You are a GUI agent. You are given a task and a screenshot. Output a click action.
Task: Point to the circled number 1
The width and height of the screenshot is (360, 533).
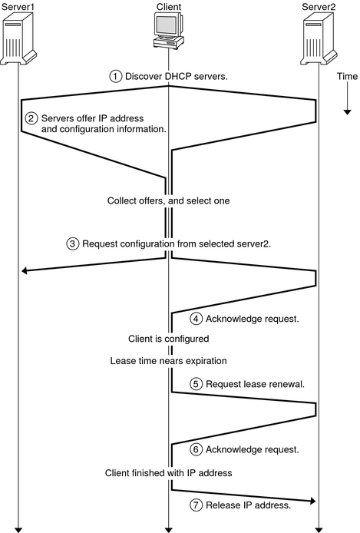pos(116,76)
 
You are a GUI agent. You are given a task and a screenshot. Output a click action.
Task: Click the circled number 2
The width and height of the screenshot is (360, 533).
pos(31,119)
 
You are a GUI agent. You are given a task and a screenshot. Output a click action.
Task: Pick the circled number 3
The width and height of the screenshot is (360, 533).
pos(73,244)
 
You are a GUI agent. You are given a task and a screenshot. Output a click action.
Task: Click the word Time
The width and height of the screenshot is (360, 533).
pos(346,77)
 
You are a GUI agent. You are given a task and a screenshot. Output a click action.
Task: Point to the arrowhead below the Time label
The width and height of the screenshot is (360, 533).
pos(346,111)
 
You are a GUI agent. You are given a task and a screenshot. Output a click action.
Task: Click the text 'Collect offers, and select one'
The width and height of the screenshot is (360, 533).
pos(168,200)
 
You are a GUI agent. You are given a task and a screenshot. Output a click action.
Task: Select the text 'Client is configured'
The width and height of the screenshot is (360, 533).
pos(168,338)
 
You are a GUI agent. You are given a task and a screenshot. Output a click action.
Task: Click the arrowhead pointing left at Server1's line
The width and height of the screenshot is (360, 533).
pos(25,270)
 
